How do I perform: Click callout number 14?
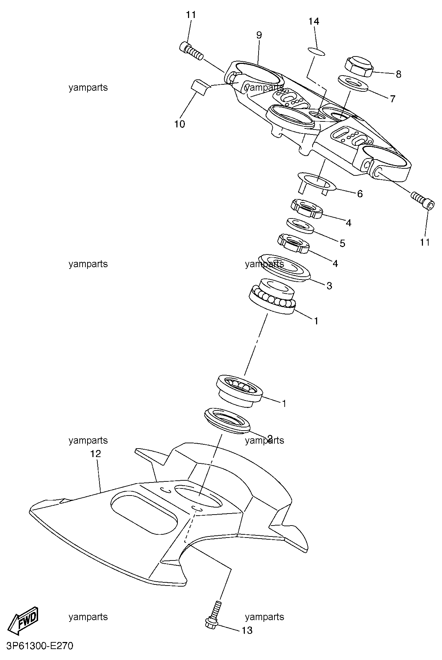click(x=314, y=22)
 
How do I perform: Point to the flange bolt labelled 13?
click(x=214, y=614)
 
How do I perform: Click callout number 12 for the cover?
click(x=96, y=454)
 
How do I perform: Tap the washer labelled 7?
click(x=353, y=83)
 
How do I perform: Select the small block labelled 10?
click(x=200, y=86)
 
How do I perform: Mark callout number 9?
click(x=259, y=35)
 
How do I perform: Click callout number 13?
click(x=247, y=630)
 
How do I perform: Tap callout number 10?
click(x=180, y=124)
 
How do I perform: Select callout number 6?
click(x=360, y=194)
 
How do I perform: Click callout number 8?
click(x=398, y=74)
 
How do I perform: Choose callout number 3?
click(x=329, y=286)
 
